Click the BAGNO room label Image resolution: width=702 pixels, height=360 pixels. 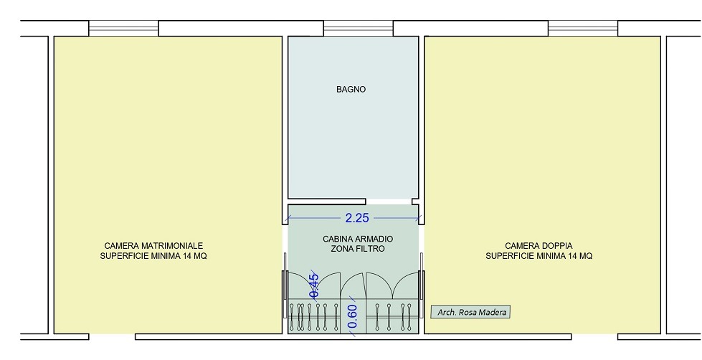click(x=351, y=89)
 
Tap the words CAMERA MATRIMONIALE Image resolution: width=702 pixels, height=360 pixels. click(x=153, y=246)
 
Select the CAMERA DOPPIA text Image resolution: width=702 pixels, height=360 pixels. click(x=539, y=246)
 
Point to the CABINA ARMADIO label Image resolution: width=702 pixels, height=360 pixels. click(x=358, y=239)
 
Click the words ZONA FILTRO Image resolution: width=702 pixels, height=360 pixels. click(x=358, y=249)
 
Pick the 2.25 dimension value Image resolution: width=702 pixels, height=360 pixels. click(x=357, y=218)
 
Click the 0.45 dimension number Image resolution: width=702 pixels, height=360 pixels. click(x=314, y=285)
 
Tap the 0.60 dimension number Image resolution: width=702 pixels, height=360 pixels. click(x=352, y=316)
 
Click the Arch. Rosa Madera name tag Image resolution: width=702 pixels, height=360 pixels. click(x=470, y=312)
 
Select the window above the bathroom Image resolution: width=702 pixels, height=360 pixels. click(x=358, y=28)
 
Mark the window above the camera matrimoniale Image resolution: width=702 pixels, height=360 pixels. click(x=123, y=28)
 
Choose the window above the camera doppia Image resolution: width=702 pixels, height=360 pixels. click(x=583, y=28)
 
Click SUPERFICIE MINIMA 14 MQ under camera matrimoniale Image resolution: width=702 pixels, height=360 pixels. click(x=153, y=256)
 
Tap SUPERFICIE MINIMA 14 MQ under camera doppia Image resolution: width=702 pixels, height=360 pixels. click(x=539, y=256)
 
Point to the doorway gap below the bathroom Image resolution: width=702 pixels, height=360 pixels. click(x=389, y=202)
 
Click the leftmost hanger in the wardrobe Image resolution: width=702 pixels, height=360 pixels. click(x=292, y=316)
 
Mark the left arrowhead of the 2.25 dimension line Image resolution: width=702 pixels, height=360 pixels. click(x=287, y=218)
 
